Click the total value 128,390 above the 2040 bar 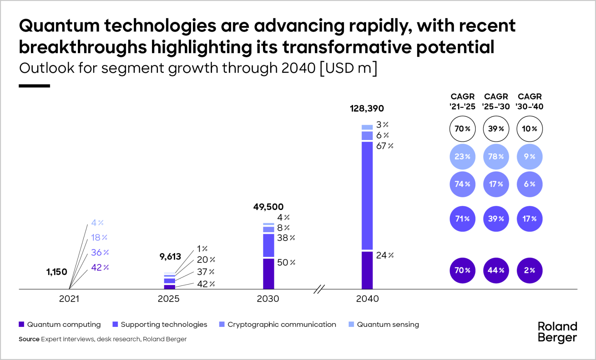coord(367,108)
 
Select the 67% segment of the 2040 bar coord(367,195)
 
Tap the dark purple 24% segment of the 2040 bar coord(367,270)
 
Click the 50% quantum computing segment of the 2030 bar coord(268,274)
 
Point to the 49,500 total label coord(268,207)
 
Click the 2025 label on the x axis coord(168,299)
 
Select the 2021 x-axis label coord(69,299)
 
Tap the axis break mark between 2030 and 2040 coord(319,289)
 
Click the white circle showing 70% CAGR coord(462,129)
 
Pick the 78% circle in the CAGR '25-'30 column coord(496,157)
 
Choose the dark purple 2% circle coord(529,270)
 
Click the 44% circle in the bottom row coord(496,270)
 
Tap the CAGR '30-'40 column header coord(529,101)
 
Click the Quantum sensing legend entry coord(387,324)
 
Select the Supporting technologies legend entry coord(164,324)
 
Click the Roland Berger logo coord(557,332)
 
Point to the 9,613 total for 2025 coord(170,257)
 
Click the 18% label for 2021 coord(99,238)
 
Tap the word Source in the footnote coord(29,339)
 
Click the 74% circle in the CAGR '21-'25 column coord(462,184)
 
